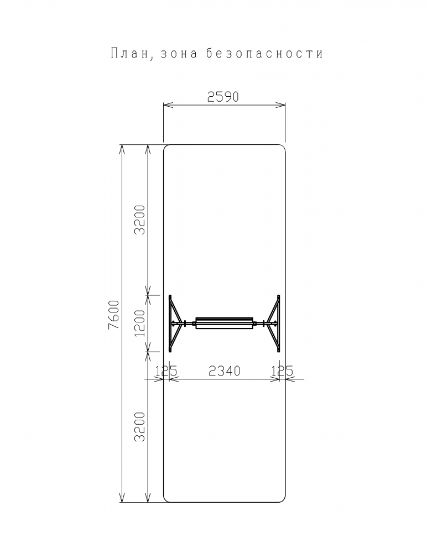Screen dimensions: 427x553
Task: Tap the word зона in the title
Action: pos(179,54)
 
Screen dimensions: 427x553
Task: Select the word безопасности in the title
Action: pos(264,53)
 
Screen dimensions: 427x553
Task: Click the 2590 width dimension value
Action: pos(223,97)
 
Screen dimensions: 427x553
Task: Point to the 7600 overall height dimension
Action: pos(113,315)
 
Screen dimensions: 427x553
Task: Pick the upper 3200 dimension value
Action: pos(140,220)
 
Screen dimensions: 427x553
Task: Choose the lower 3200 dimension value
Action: pos(140,426)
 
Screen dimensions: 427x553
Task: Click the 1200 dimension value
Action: pos(140,323)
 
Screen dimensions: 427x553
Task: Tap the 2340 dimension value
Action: pos(225,371)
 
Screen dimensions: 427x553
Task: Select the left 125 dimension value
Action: pos(166,371)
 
